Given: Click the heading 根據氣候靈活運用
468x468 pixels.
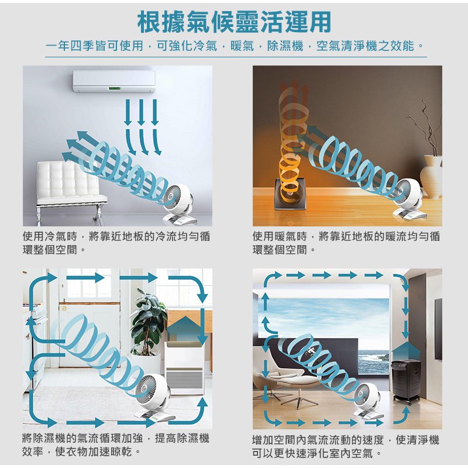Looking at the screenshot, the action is pos(235,22).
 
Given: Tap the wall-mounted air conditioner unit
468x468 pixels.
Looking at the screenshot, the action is pos(114,81).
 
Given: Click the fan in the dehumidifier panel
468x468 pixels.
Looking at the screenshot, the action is pos(152,397).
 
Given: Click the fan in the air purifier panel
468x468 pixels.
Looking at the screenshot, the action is pos(369,400).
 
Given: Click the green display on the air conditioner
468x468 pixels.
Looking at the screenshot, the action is pos(114,89).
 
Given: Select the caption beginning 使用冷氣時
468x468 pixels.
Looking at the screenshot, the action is pos(116,243).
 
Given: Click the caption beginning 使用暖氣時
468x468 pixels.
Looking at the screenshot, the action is pos(346,243).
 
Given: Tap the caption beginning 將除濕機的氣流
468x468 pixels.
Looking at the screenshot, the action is pos(116,445).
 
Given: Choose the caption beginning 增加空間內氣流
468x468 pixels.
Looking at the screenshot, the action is pos(346,446).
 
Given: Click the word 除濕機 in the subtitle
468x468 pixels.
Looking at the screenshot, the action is pos(285,46).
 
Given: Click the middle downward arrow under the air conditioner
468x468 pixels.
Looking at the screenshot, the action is pos(141,112).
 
